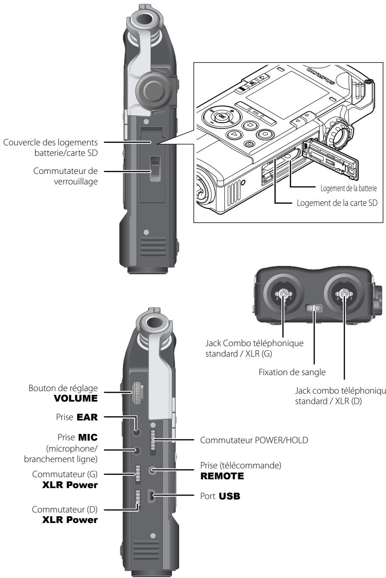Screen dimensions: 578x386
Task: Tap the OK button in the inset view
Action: click(219, 117)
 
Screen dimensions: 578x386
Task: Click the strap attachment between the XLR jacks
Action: click(313, 309)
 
